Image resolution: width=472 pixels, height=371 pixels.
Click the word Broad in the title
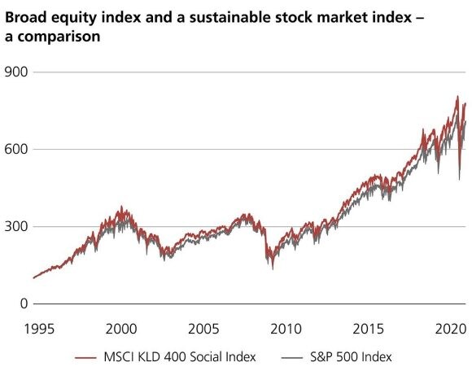coord(25,17)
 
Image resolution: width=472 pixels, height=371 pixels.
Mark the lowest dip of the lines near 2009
coord(273,268)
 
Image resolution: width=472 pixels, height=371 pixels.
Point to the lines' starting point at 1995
coord(33,277)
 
